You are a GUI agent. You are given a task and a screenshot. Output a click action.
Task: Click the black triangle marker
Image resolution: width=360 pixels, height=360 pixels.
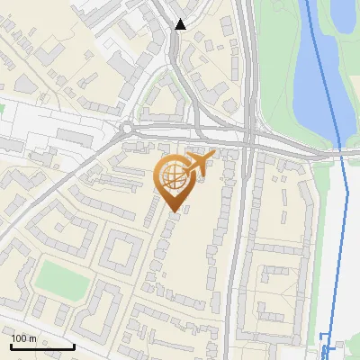click(x=181, y=24)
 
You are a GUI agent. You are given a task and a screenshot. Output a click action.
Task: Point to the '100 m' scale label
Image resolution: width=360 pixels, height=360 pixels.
click(x=23, y=338)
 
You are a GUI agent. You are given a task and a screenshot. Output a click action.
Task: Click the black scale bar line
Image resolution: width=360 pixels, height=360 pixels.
click(x=41, y=346)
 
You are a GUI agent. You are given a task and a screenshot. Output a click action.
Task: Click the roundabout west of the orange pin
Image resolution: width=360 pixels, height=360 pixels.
click(x=127, y=130)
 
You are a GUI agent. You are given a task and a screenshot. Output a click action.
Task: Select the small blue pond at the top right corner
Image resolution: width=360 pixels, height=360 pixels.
click(x=344, y=13)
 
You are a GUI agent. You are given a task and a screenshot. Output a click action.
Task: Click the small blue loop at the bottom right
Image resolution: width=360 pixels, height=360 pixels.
click(x=328, y=350)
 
